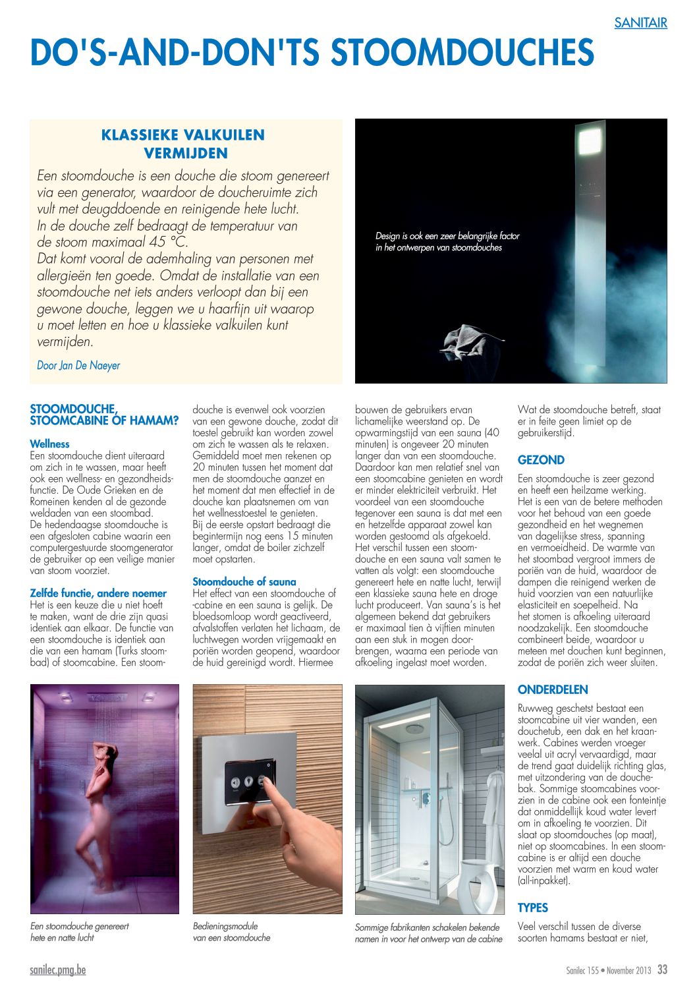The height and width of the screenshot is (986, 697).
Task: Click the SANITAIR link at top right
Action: point(640,23)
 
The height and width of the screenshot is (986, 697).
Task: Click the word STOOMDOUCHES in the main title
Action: point(462,53)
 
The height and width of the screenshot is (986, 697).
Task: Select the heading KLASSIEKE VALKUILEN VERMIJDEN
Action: point(183,144)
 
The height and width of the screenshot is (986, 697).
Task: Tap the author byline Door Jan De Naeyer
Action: point(78,365)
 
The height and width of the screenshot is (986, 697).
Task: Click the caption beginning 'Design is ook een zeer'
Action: point(447,242)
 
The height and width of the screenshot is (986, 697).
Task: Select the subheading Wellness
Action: point(49,444)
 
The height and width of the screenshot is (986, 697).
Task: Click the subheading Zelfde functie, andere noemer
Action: point(98,593)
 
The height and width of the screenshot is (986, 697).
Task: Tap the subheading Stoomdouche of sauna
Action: point(244,581)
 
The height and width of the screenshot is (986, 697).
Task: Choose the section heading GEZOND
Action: point(541,460)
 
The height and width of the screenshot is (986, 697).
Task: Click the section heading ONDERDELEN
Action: point(553,689)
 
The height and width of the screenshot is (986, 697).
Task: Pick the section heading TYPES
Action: point(532,908)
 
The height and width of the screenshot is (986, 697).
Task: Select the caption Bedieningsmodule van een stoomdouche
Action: point(231,931)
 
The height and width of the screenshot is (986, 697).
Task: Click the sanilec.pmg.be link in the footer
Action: point(58,970)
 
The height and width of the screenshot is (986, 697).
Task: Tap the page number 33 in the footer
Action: point(662,970)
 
